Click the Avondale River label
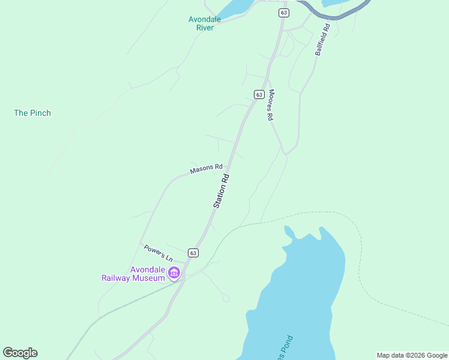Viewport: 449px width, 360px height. point(205,23)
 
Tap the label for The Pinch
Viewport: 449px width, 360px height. point(32,113)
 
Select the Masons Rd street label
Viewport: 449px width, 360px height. point(206,169)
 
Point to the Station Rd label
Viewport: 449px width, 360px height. point(221,191)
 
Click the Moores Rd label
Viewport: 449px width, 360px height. point(271,106)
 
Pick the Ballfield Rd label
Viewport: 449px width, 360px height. point(322,40)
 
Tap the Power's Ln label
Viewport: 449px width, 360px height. point(158,253)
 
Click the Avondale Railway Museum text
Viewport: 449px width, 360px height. point(133,274)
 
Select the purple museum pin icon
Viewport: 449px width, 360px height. point(174,274)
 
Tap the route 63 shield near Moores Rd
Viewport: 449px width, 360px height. point(259,94)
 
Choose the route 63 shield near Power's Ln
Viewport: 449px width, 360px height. point(193,253)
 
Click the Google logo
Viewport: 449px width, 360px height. point(20,353)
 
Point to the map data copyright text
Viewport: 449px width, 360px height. point(412,355)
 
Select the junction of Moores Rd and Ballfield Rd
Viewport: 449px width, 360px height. point(286,154)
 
